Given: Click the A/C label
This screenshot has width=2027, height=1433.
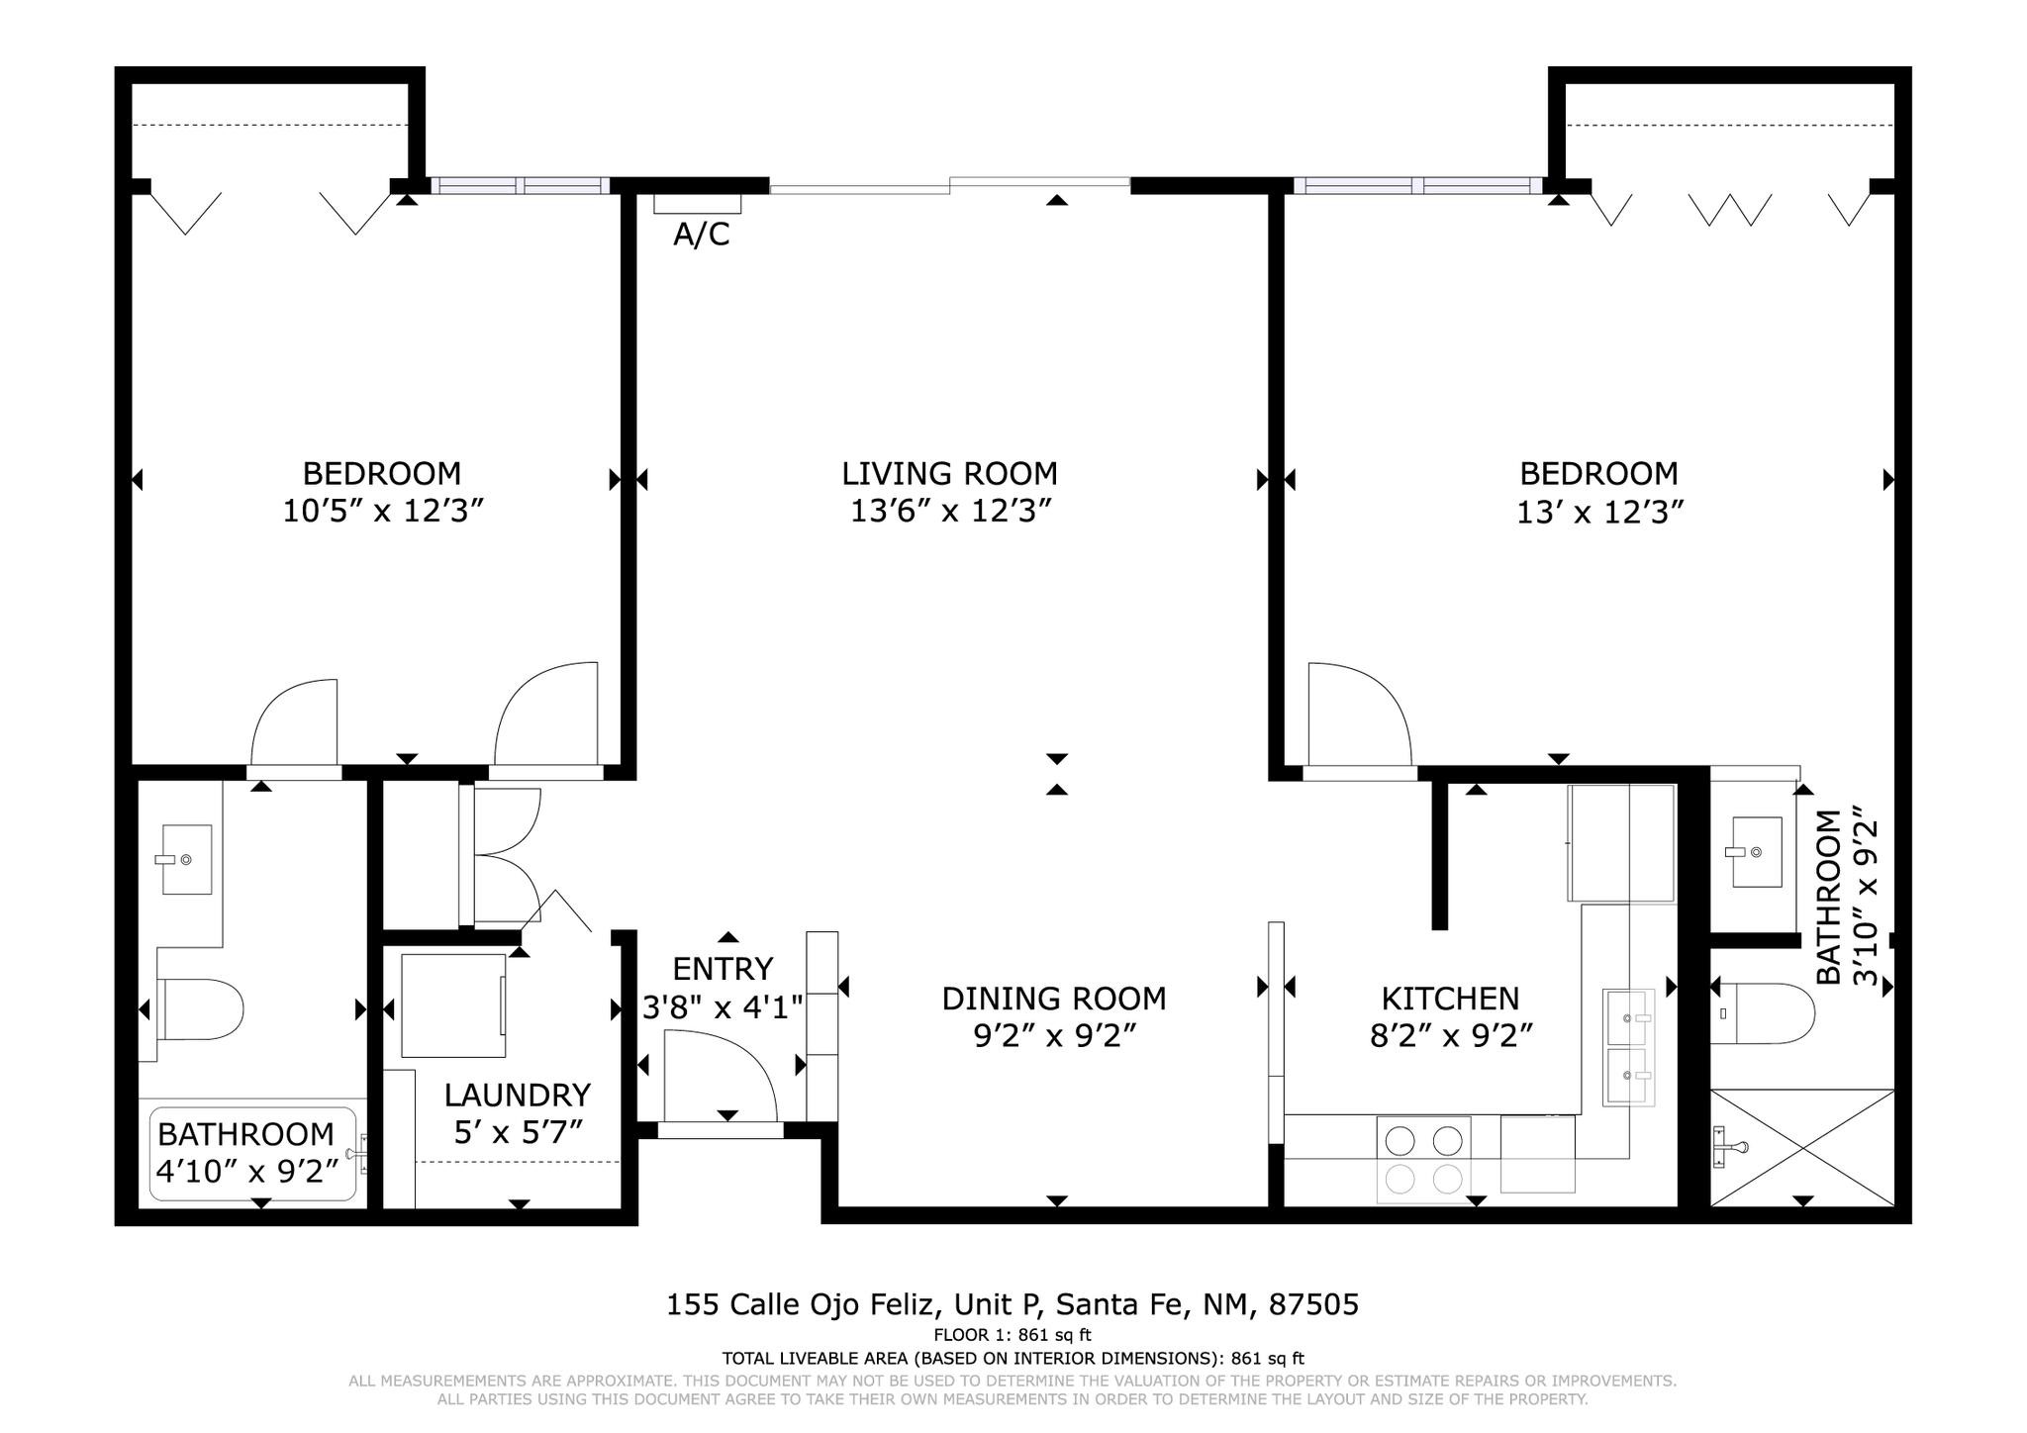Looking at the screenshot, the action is tap(702, 235).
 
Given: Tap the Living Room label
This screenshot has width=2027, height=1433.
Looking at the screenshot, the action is tap(949, 473).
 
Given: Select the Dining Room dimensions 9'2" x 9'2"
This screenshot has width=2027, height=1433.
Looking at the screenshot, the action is tap(1053, 1035).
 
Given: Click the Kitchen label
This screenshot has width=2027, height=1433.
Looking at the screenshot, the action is tap(1450, 998).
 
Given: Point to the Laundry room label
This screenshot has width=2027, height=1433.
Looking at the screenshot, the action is tap(517, 1095).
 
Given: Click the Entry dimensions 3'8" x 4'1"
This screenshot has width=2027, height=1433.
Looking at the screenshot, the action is tap(723, 1007).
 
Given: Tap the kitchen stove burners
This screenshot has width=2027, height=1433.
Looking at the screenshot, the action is tap(1423, 1159).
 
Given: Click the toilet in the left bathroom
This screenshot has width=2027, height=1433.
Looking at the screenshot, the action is tap(199, 1009).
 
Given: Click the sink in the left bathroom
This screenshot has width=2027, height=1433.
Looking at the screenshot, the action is tap(186, 859).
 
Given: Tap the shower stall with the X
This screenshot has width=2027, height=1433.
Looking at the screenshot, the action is tap(1802, 1147).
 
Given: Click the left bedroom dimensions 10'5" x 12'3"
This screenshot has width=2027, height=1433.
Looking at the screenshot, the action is tap(383, 512).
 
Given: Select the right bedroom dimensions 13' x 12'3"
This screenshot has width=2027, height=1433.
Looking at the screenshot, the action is tap(1599, 512).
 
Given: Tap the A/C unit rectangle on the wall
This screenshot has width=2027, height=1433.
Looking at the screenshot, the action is tap(698, 203).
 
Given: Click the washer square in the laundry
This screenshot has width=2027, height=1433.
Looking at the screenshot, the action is tap(453, 1005).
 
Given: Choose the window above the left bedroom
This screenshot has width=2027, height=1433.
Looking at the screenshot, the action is tap(521, 185).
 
